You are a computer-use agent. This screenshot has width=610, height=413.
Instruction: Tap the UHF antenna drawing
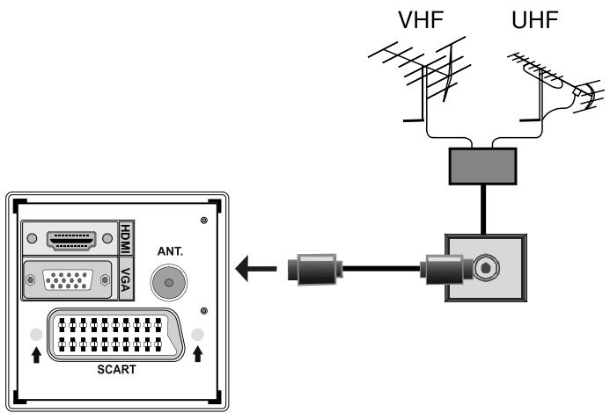tap(545, 83)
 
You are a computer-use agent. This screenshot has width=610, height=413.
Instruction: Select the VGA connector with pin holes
tap(68, 280)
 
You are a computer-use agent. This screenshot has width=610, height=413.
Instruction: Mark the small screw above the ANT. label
tap(204, 218)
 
